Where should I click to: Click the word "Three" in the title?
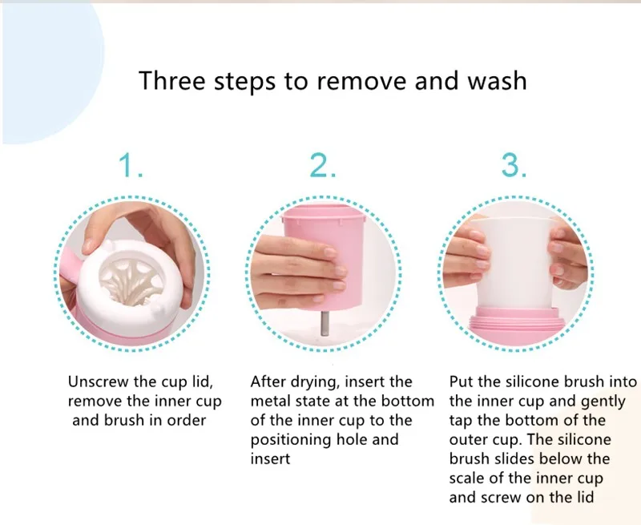point(171,80)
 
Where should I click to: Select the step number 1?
point(131,165)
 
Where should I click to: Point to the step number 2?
point(323,165)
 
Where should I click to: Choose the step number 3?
point(514,165)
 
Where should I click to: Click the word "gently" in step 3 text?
point(603,402)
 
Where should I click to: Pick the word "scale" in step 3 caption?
point(468,478)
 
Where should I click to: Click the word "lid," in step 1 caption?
point(203,382)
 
